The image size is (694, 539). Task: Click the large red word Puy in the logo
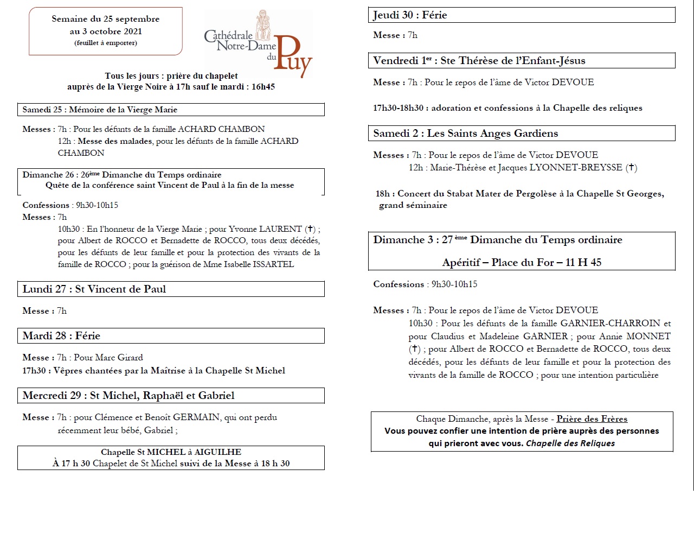pos(293,57)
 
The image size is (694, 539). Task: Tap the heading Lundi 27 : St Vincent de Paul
pos(94,289)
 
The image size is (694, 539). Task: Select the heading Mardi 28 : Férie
pos(61,336)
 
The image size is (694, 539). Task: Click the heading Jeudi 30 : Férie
pos(410,15)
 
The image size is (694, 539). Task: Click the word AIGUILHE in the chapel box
pos(218,452)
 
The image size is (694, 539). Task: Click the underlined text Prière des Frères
pos(592,419)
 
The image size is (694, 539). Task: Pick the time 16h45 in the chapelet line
pos(263,87)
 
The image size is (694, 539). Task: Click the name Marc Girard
pos(120,358)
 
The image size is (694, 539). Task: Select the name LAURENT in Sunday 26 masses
pos(280,229)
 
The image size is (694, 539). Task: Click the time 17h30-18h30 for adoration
pos(398,108)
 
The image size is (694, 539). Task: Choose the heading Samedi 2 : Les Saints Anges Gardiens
pos(465,134)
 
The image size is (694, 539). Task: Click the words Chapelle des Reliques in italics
pos(570,443)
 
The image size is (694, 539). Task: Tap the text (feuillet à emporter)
pos(106,43)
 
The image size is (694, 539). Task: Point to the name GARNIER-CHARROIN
pos(611,324)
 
